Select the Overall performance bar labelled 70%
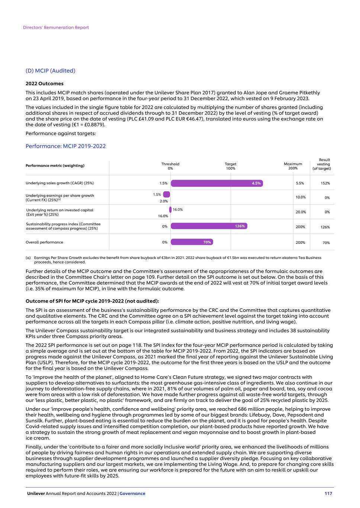pyautogui.click(x=192, y=242)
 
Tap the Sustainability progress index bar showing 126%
pyautogui.click(x=209, y=226)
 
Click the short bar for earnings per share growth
pyautogui.click(x=167, y=194)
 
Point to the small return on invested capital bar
pyautogui.click(x=170, y=210)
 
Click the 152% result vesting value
pyautogui.click(x=325, y=183)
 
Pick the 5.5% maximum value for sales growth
pyautogui.click(x=300, y=183)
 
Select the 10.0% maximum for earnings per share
pyautogui.click(x=300, y=197)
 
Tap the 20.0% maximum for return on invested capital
pyautogui.click(x=300, y=212)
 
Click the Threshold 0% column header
pyautogui.click(x=170, y=166)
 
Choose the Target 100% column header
pyautogui.click(x=231, y=166)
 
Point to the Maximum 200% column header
pyautogui.click(x=293, y=166)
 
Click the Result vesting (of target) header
pyautogui.click(x=322, y=164)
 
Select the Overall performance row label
pyautogui.click(x=44, y=242)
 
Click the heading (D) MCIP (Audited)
pyautogui.click(x=50, y=71)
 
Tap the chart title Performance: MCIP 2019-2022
pyautogui.click(x=65, y=146)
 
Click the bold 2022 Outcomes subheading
pyautogui.click(x=44, y=84)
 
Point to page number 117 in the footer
pyautogui.click(x=328, y=493)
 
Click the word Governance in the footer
pyautogui.click(x=132, y=493)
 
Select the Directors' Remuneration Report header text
pyautogui.click(x=56, y=28)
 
